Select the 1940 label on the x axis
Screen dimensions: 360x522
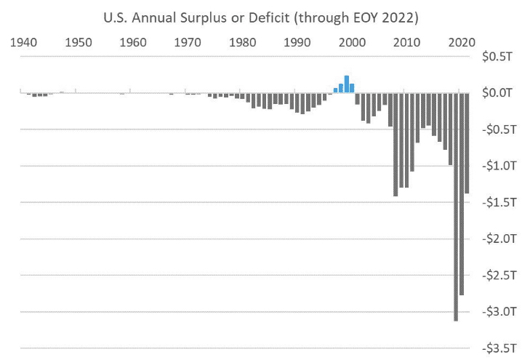coord(24,42)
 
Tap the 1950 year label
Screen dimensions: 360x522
coord(79,42)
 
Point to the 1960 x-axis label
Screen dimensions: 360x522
coord(133,42)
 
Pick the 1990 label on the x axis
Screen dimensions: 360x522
coord(297,42)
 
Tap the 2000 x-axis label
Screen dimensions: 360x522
coord(352,42)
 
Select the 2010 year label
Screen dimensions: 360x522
coord(407,42)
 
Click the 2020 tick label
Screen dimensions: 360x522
coord(461,42)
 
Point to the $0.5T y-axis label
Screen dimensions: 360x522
coord(500,56)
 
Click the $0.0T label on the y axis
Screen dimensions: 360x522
coord(500,92)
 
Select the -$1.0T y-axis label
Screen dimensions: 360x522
coord(499,166)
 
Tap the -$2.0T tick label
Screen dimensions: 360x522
coord(499,239)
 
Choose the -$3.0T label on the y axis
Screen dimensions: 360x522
coord(499,312)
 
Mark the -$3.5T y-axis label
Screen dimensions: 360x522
coord(499,348)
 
